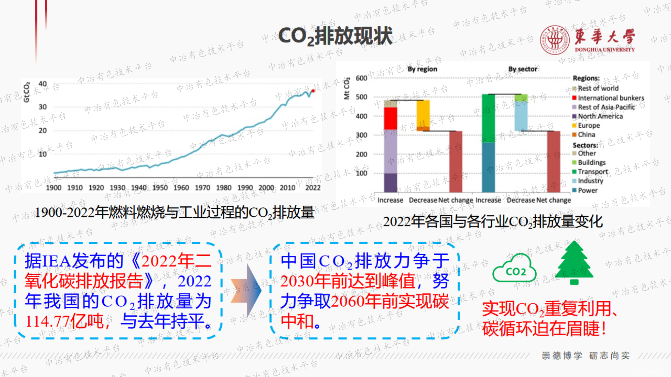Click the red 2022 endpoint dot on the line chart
tap(313, 91)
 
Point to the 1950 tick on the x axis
tap(160, 187)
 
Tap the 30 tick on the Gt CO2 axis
tap(43, 107)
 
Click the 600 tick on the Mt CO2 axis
tap(361, 78)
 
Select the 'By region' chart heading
tap(422, 69)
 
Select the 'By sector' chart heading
tap(523, 69)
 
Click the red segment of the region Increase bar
tap(390, 118)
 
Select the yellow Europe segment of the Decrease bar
tap(423, 113)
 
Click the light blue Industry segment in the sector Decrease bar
tap(521, 116)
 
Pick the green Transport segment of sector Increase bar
tap(488, 118)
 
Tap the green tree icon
tap(574, 263)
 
